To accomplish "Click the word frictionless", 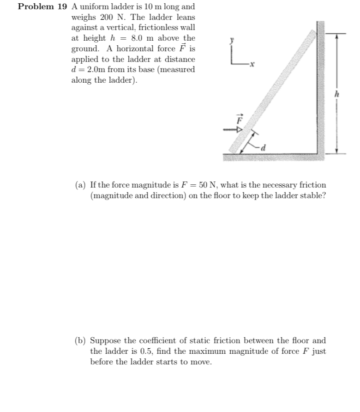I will click(x=156, y=28).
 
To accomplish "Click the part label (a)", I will click(x=81, y=185).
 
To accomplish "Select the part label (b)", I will click(x=81, y=341).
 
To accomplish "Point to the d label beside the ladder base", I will click(x=264, y=148).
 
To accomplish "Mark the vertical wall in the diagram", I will click(x=321, y=88).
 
